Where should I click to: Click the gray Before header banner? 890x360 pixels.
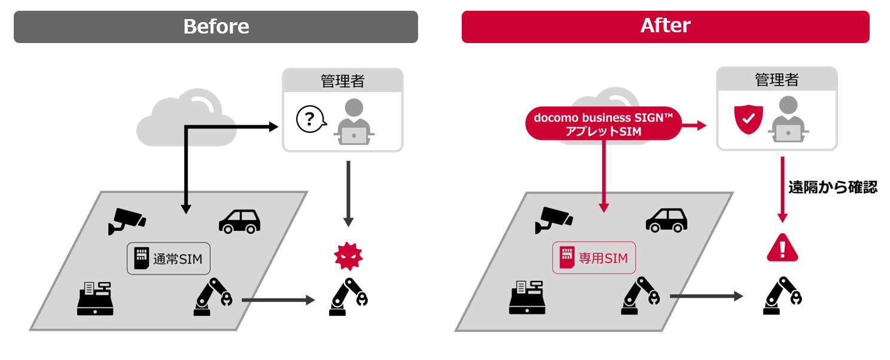216,27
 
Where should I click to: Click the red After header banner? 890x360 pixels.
665,27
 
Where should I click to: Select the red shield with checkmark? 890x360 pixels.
748,119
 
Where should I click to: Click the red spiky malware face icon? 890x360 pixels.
348,257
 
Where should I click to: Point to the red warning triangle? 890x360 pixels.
782,247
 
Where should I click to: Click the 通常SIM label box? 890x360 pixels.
169,258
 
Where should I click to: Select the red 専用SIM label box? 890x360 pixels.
593,258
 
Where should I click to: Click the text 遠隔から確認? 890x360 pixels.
832,187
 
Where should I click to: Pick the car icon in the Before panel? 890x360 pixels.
240,221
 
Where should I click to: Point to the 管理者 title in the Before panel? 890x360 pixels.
342,80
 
